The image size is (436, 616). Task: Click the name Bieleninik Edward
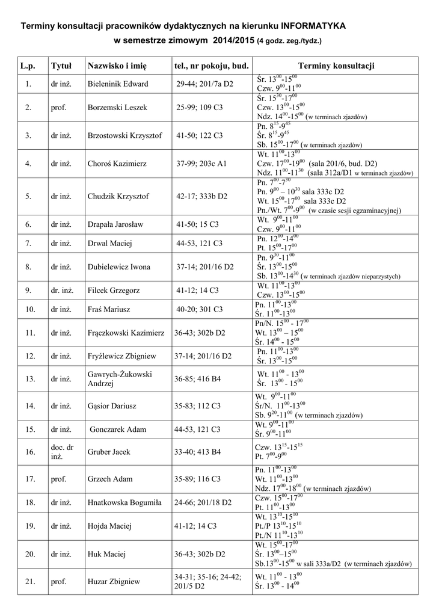tap(118, 84)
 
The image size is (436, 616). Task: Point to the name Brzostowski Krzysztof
tap(125, 135)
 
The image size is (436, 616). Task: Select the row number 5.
tap(28, 196)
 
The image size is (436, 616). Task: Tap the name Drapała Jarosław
tap(115, 224)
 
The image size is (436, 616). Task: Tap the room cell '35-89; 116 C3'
tap(197, 479)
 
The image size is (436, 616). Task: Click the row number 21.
tap(28, 582)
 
